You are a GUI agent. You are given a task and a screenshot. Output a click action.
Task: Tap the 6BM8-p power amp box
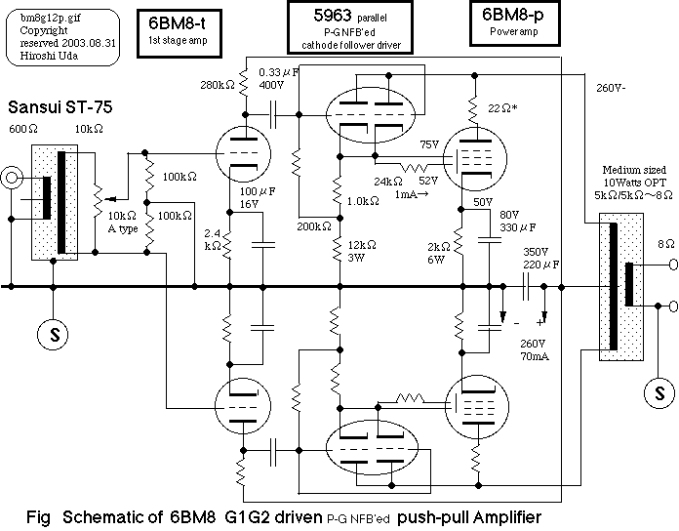point(517,26)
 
